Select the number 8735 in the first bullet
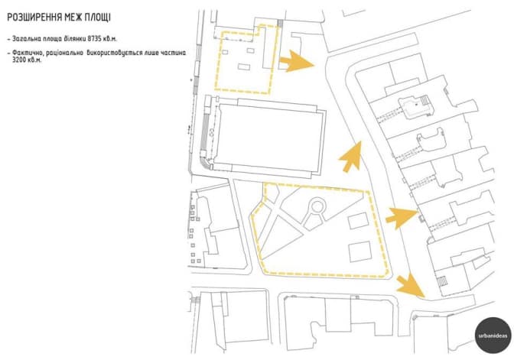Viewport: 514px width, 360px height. (x=94, y=39)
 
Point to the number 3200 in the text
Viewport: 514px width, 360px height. (x=19, y=60)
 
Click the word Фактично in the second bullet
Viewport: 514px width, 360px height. (x=28, y=53)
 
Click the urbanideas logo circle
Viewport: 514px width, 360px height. (x=493, y=335)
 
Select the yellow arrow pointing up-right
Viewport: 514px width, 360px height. (x=351, y=157)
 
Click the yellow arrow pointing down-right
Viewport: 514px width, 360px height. (x=410, y=287)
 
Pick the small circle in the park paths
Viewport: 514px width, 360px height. (x=317, y=206)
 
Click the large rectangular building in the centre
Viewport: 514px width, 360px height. (x=268, y=138)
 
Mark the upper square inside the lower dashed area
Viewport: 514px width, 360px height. (x=359, y=221)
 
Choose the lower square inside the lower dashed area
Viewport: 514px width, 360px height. (x=360, y=251)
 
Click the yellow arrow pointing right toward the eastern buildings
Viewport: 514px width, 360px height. (x=402, y=218)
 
